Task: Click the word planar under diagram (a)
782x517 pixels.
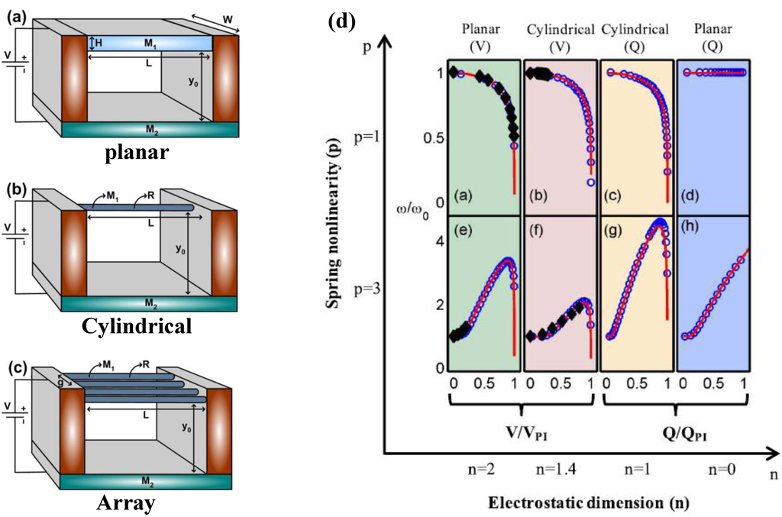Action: tap(137, 152)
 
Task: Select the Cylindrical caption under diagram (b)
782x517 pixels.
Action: tap(137, 327)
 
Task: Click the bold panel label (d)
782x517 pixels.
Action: tap(341, 21)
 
